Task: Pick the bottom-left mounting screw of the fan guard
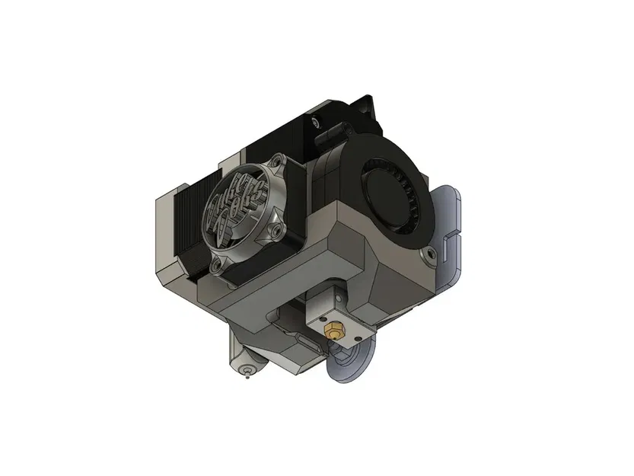tap(220, 264)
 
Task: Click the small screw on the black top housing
tap(316, 121)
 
